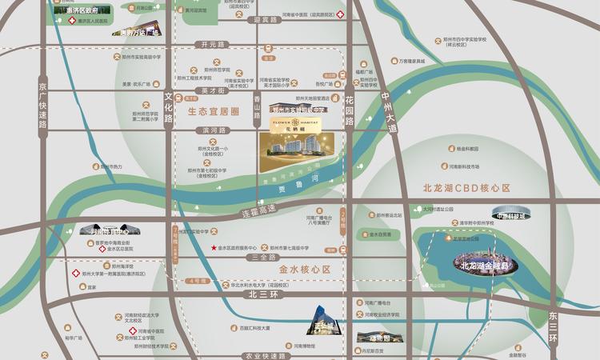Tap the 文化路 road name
tap(169, 106)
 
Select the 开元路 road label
tap(214, 45)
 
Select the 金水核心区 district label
tap(304, 270)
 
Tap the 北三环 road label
tap(262, 294)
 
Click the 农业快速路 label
tap(265, 354)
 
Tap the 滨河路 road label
tap(215, 129)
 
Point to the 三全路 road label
tap(263, 258)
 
